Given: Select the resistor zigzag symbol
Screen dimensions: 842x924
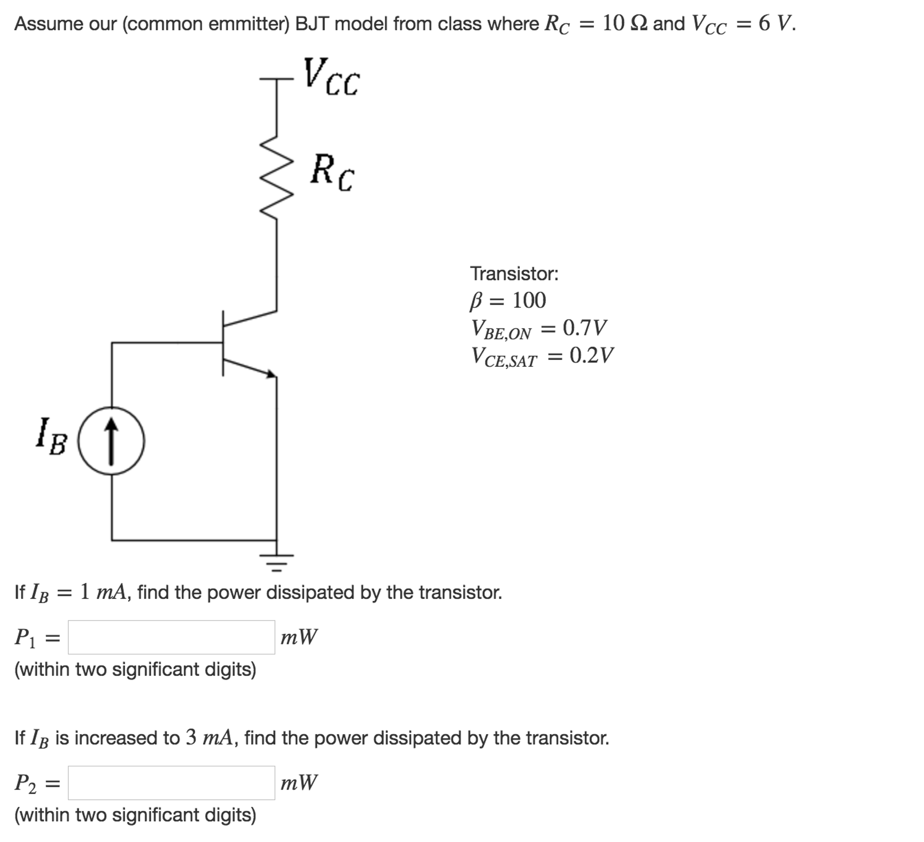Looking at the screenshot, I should tap(276, 177).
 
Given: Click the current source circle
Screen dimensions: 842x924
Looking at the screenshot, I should tap(112, 441).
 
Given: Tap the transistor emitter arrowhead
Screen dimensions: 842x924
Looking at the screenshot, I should tap(271, 374).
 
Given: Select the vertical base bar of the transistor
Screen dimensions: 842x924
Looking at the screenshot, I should tap(223, 343).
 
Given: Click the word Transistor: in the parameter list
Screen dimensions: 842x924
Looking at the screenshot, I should tap(514, 274).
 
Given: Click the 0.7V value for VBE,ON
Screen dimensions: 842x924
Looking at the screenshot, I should tap(584, 328).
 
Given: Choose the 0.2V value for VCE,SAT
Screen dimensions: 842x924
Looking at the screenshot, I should tap(591, 355).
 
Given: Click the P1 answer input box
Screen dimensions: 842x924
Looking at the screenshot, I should tap(172, 637).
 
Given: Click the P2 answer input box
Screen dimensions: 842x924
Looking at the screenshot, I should tap(172, 783).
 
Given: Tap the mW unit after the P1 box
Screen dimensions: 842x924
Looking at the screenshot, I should tap(299, 637).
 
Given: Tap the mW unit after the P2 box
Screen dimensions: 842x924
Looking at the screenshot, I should tap(299, 783).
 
